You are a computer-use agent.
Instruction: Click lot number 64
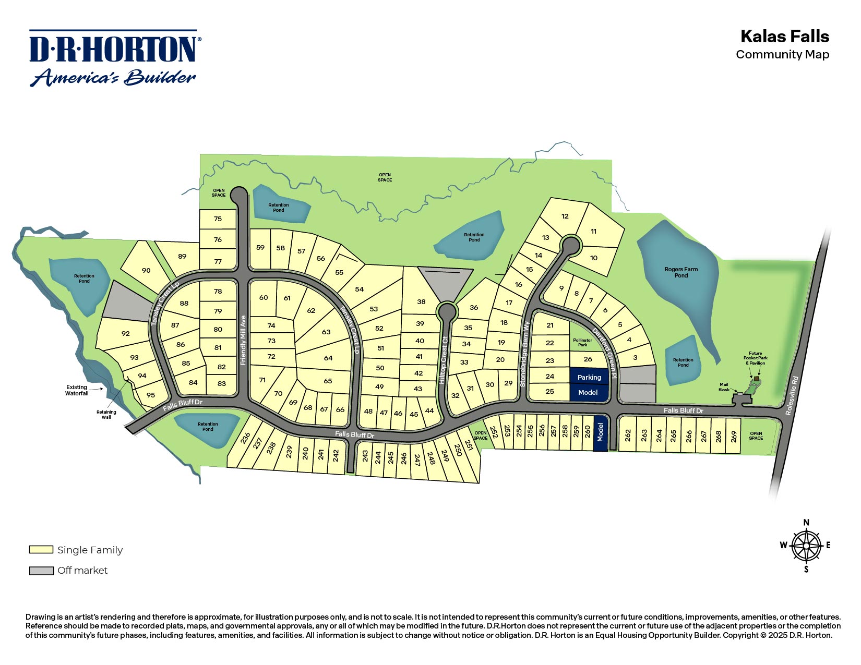(x=328, y=358)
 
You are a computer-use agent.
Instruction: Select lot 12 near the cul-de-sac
(x=565, y=216)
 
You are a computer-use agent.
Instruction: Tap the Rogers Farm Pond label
(x=681, y=272)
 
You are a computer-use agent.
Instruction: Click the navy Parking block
(x=589, y=377)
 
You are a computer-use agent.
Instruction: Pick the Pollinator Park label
(x=582, y=342)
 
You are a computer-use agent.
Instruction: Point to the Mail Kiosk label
(x=724, y=387)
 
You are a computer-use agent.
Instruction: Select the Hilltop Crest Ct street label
(x=443, y=360)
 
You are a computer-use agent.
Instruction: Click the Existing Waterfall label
(x=77, y=390)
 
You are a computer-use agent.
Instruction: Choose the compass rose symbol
(x=806, y=546)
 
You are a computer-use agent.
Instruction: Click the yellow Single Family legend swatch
(x=41, y=550)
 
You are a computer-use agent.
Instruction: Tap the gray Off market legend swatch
(x=41, y=571)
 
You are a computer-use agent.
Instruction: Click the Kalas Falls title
(x=784, y=37)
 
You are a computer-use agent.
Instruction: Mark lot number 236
(x=245, y=438)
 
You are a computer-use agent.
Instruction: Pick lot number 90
(x=146, y=270)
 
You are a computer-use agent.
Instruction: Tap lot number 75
(x=218, y=219)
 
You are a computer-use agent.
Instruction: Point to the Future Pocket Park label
(x=755, y=358)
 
